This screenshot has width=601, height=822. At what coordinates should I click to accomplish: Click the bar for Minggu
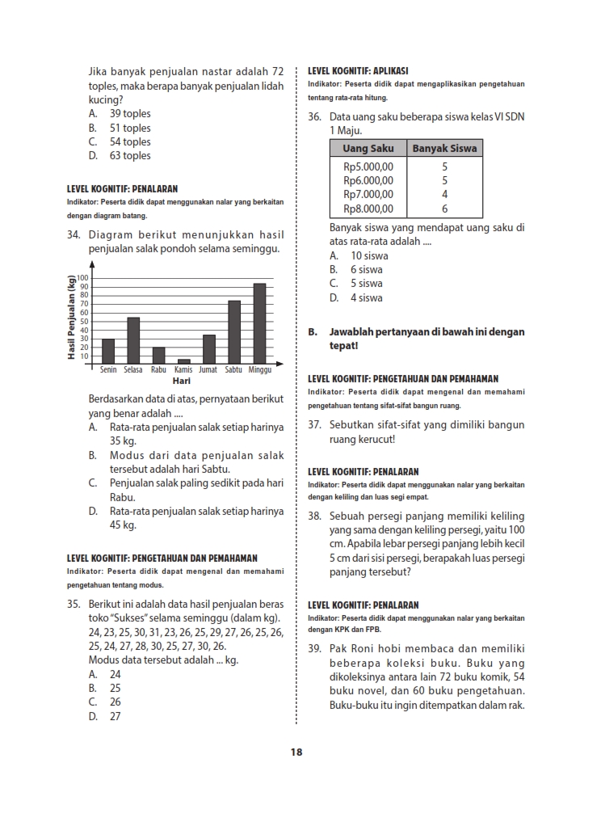[x=259, y=323]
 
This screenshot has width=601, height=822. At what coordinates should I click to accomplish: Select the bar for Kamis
[x=184, y=361]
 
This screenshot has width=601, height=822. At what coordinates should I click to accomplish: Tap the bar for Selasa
[x=133, y=340]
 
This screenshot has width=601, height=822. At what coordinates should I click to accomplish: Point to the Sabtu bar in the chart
[x=234, y=332]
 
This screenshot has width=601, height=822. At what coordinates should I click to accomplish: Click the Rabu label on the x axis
[x=158, y=369]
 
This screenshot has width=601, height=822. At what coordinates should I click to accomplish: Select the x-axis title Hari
[x=182, y=380]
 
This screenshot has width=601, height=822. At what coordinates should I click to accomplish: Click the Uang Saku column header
[x=368, y=148]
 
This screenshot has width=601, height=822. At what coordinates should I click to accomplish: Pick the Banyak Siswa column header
[x=444, y=148]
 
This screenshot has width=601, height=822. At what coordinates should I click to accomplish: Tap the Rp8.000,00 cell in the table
[x=368, y=209]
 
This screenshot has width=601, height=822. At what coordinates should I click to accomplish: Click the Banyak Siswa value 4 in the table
[x=444, y=195]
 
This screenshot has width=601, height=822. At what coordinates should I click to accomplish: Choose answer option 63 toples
[x=130, y=156]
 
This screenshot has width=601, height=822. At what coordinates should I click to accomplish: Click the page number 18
[x=296, y=752]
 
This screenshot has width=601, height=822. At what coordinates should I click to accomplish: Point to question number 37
[x=315, y=425]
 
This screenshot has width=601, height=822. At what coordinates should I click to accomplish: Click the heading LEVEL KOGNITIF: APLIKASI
[x=358, y=71]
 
